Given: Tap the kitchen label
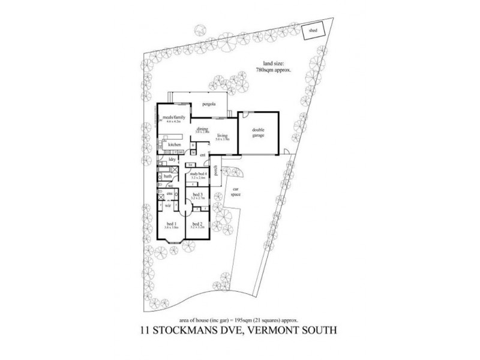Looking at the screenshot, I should pyautogui.click(x=175, y=145).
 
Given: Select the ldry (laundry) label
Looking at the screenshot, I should pyautogui.click(x=172, y=159).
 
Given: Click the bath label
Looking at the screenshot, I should pyautogui.click(x=167, y=176).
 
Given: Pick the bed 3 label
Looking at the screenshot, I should pyautogui.click(x=197, y=194).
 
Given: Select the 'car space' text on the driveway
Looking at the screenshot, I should pyautogui.click(x=236, y=193).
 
